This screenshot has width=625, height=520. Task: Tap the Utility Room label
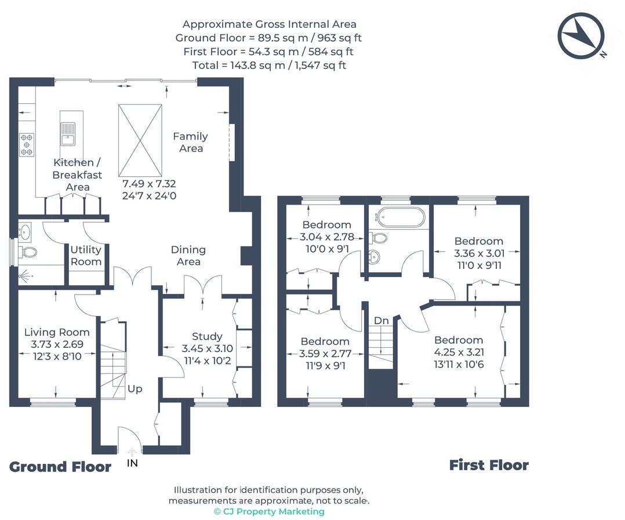pyautogui.click(x=86, y=256)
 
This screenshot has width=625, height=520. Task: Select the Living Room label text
pyautogui.click(x=57, y=332)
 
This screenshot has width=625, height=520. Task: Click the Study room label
pyautogui.click(x=207, y=336)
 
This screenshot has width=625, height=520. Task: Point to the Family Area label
pyautogui.click(x=191, y=142)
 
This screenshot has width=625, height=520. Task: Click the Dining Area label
pyautogui.click(x=188, y=255)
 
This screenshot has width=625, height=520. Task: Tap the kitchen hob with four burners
pyautogui.click(x=27, y=144)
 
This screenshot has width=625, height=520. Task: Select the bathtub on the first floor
pyautogui.click(x=399, y=217)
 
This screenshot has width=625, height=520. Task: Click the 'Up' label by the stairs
pyautogui.click(x=135, y=388)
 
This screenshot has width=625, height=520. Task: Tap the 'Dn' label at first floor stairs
pyautogui.click(x=381, y=321)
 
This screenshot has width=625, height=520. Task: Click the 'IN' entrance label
pyautogui.click(x=132, y=463)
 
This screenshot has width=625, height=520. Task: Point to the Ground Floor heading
pyautogui.click(x=60, y=467)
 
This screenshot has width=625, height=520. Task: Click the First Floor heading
pyautogui.click(x=489, y=465)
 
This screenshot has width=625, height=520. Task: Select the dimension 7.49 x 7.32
pyautogui.click(x=149, y=184)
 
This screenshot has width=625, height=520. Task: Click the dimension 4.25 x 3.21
pyautogui.click(x=459, y=352)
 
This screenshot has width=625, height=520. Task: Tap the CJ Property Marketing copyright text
pyautogui.click(x=269, y=511)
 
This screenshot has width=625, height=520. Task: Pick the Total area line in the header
pyautogui.click(x=269, y=65)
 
